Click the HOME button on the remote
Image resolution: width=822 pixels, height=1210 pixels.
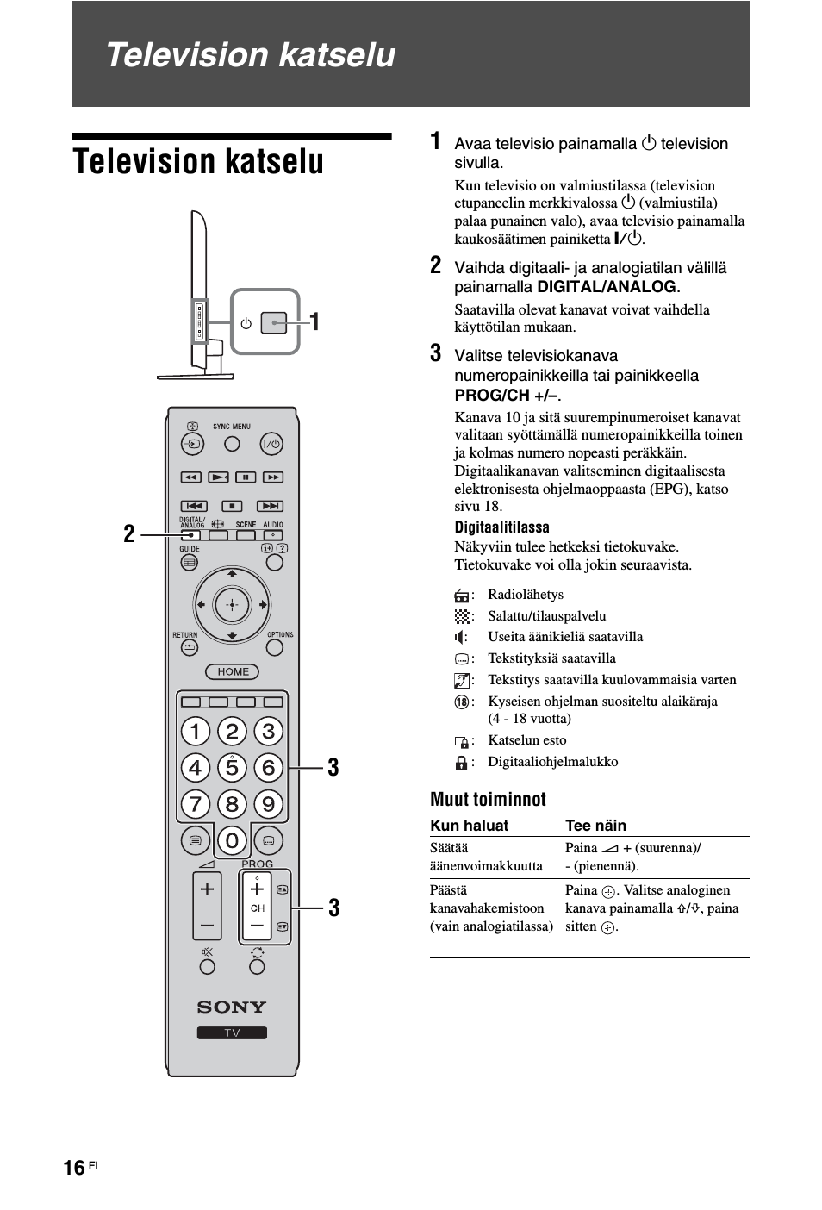click(x=233, y=671)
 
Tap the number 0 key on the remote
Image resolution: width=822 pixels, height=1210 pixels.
click(x=232, y=839)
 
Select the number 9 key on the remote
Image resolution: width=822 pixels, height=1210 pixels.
click(x=268, y=804)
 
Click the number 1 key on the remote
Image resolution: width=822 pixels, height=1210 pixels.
click(x=196, y=732)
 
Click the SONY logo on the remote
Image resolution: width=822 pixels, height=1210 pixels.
click(x=232, y=1007)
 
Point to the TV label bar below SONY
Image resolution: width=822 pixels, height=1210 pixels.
click(x=232, y=1033)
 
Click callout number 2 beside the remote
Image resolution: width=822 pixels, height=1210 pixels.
click(x=129, y=534)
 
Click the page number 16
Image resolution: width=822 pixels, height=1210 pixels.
click(x=74, y=1167)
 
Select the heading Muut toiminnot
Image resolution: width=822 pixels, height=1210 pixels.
click(x=488, y=799)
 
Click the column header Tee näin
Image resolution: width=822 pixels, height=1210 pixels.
click(x=595, y=826)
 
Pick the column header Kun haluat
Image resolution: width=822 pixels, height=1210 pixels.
click(x=470, y=826)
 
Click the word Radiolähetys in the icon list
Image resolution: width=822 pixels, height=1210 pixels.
click(x=526, y=595)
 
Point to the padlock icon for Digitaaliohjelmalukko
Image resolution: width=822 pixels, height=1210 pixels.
click(x=462, y=762)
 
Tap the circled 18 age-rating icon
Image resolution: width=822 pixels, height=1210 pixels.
click(x=462, y=702)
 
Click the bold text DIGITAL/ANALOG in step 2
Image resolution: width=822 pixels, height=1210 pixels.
click(x=607, y=287)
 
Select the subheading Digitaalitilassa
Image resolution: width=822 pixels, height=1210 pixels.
click(x=501, y=527)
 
